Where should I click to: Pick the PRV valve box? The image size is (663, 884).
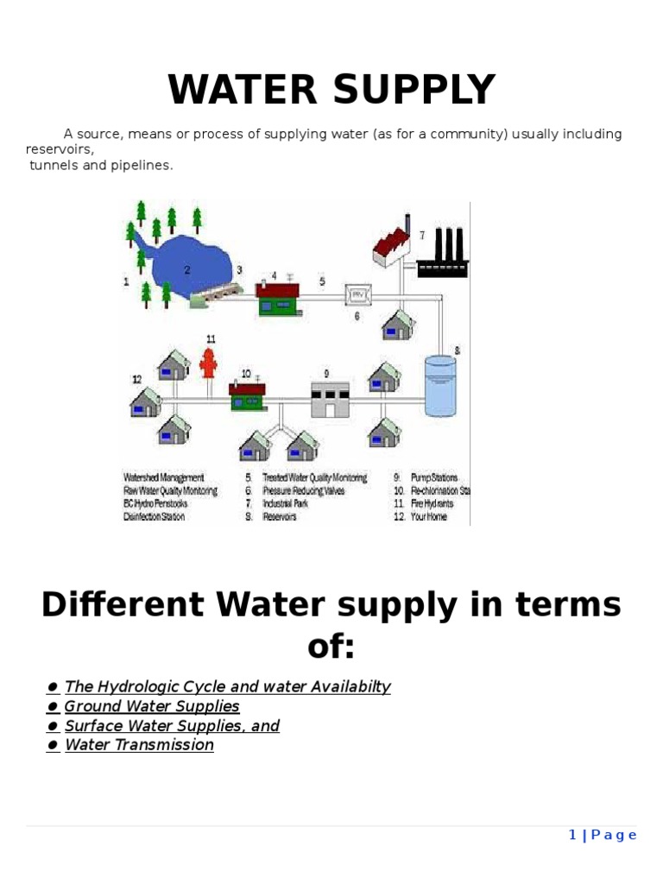(357, 294)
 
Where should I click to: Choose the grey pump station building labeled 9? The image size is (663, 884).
(330, 398)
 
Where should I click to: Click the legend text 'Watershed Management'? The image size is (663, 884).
(164, 477)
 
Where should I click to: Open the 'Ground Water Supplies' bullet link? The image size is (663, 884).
(152, 706)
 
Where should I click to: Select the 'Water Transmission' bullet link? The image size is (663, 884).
(139, 745)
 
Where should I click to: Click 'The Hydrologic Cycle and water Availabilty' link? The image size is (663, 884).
(227, 687)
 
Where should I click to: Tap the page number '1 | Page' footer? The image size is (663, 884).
(603, 835)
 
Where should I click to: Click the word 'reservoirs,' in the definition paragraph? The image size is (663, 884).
(59, 149)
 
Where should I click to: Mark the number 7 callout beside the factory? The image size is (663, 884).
(422, 235)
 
